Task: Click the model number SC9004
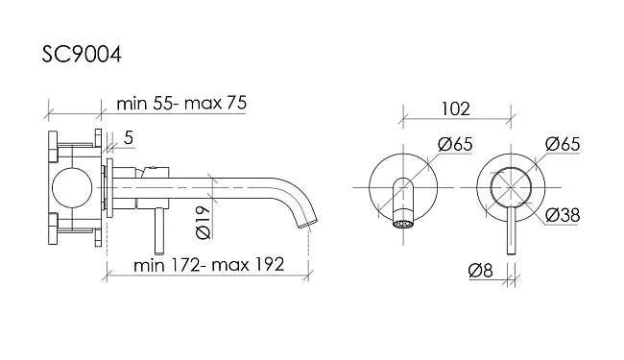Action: click(x=82, y=54)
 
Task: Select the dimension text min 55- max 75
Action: click(x=181, y=103)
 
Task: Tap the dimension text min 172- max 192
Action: click(x=209, y=265)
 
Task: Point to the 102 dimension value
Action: click(x=456, y=108)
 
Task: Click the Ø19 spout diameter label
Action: click(x=204, y=223)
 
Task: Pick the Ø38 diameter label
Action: click(x=563, y=215)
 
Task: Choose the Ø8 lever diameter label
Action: click(x=481, y=271)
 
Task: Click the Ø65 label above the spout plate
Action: click(x=455, y=144)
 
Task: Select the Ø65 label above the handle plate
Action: click(x=563, y=144)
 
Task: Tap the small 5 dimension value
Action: click(x=128, y=138)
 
